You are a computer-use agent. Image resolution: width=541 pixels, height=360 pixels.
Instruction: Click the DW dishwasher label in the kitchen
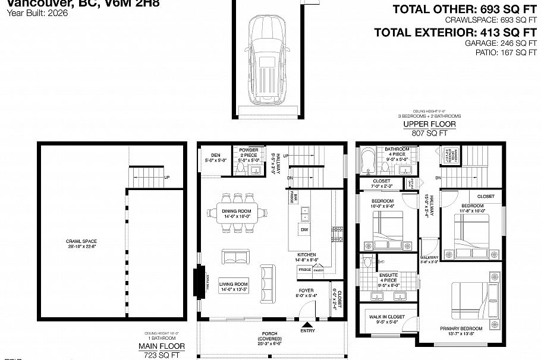[x=304, y=229]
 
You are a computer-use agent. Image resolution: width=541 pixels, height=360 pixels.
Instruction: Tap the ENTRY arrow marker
[x=307, y=324]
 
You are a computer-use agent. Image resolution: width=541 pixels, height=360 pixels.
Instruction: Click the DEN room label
[x=212, y=156]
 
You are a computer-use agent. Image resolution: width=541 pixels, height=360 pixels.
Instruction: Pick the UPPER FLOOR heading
[x=429, y=124]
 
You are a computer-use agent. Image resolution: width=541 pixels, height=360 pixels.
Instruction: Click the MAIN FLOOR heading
[x=161, y=346]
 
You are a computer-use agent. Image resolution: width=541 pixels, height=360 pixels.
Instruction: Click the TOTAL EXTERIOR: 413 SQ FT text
[x=455, y=32]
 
